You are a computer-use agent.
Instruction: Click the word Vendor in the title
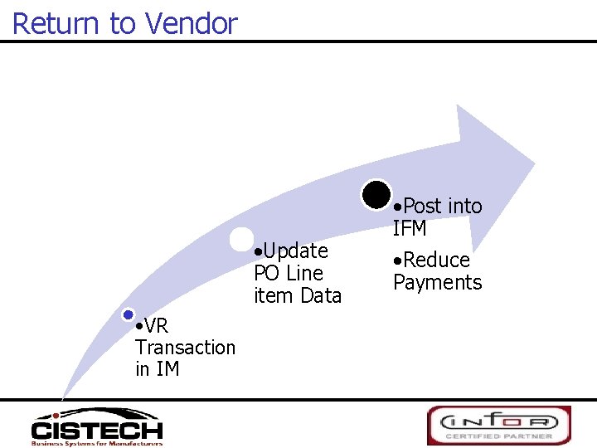192,23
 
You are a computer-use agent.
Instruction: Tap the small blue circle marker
128,314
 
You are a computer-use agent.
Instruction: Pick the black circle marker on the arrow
377,194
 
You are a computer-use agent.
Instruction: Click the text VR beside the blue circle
156,325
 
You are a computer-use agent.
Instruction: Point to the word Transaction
185,347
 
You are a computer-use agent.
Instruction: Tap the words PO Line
289,272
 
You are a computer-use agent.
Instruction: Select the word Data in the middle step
322,295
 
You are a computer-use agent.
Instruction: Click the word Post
422,206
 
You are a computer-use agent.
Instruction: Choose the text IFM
410,228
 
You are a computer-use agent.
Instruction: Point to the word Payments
437,282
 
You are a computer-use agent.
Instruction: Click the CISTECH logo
96,426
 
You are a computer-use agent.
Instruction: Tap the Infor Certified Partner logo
498,425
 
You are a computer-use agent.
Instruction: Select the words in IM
158,368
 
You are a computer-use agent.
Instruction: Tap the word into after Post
463,206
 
